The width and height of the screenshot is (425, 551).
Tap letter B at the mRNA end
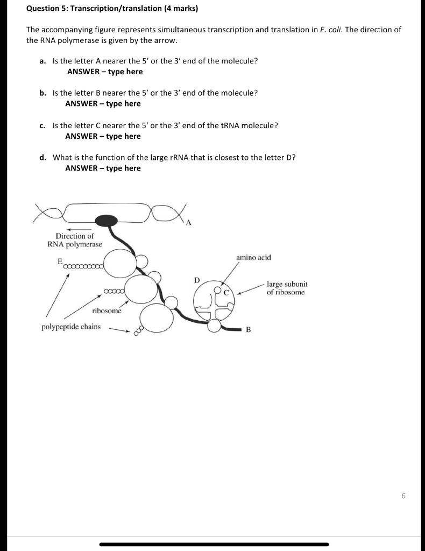[x=249, y=330]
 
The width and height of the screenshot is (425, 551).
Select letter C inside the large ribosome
[x=226, y=293]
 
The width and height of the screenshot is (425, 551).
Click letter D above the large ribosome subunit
[x=197, y=280]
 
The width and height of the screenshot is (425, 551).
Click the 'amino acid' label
[x=253, y=258]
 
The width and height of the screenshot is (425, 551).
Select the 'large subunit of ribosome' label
[x=287, y=288]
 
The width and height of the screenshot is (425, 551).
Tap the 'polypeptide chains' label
[x=71, y=327]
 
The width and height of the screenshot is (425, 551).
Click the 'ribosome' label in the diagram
[x=107, y=310]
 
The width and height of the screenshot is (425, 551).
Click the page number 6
[x=403, y=496]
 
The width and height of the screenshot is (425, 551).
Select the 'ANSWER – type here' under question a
[x=105, y=72]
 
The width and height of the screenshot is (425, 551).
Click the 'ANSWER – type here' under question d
[x=103, y=168]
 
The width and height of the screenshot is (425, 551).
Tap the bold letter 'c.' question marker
[x=42, y=125]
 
